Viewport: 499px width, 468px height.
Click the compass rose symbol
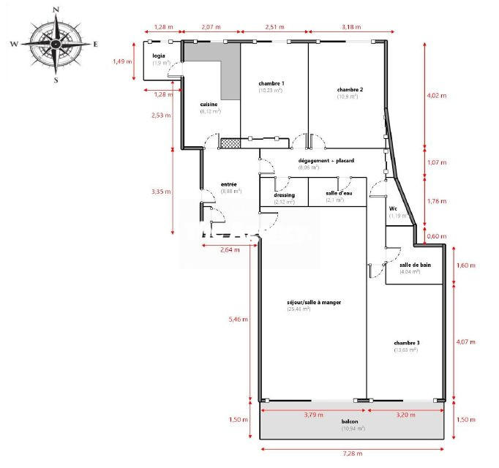pos(56,44)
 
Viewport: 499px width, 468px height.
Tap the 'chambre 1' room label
pos(271,84)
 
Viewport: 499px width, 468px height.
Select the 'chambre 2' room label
pos(350,89)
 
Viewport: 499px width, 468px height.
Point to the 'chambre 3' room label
pos(406,343)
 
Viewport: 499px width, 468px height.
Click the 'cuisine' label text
pos(209,105)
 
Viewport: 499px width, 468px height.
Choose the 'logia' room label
pos(158,56)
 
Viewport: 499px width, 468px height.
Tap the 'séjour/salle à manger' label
pos(315,302)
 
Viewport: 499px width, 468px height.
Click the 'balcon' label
pos(350,422)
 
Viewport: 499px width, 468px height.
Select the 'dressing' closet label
pos(284,195)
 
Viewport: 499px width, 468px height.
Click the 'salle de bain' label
pos(415,265)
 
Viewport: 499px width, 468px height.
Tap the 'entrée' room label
pos(229,184)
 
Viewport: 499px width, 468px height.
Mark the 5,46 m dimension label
pos(239,320)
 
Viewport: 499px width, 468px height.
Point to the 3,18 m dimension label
pos(351,27)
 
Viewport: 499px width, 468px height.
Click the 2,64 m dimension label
pos(230,250)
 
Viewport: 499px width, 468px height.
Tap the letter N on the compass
pos(56,10)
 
